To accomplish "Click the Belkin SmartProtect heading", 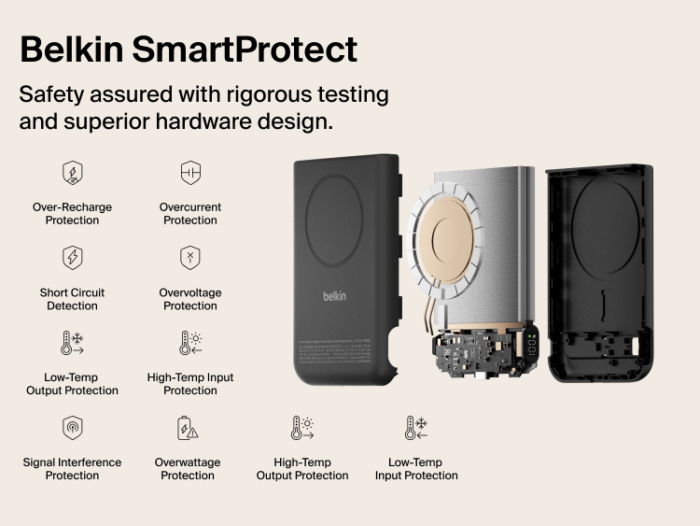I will (x=188, y=49).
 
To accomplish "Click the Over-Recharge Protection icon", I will (x=72, y=173).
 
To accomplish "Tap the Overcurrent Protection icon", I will (x=190, y=173).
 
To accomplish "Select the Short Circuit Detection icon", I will (x=72, y=258).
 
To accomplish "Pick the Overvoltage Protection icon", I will (x=190, y=258).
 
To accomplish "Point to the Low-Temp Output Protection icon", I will (x=72, y=343).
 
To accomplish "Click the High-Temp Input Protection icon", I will (x=190, y=343).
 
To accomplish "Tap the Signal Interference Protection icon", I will (x=72, y=428).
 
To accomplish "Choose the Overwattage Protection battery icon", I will (x=188, y=428).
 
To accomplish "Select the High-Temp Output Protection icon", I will (x=302, y=428).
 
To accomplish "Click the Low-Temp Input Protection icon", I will (x=416, y=428).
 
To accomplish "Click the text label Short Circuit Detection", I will (x=72, y=299).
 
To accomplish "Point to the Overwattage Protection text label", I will (x=188, y=469).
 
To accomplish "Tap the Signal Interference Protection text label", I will (x=72, y=469).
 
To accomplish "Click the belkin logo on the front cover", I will (x=335, y=296).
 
